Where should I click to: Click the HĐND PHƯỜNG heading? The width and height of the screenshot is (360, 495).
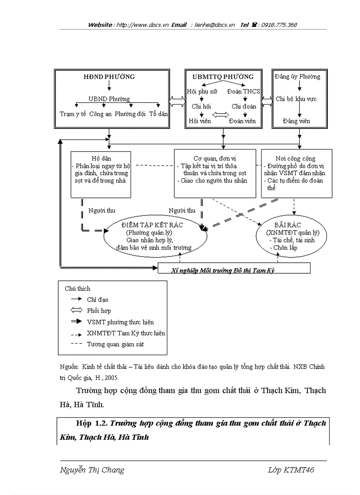(x=109, y=77)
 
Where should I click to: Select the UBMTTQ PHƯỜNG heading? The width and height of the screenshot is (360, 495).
(x=222, y=77)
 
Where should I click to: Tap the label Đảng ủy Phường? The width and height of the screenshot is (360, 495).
(x=297, y=77)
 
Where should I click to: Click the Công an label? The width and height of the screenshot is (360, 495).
(x=100, y=114)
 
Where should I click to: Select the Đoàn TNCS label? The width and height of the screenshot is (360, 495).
(x=244, y=91)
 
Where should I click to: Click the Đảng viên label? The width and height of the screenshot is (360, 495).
(x=296, y=121)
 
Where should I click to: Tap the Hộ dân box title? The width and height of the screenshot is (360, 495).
(x=101, y=158)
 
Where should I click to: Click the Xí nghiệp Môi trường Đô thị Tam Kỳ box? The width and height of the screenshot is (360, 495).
(x=222, y=270)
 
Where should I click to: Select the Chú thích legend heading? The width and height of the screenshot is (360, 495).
(x=77, y=289)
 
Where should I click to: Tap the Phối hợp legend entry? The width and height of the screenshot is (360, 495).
(x=98, y=311)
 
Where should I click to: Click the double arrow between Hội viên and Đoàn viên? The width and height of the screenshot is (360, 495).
(x=221, y=115)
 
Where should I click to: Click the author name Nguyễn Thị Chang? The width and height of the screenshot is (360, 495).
(x=92, y=470)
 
